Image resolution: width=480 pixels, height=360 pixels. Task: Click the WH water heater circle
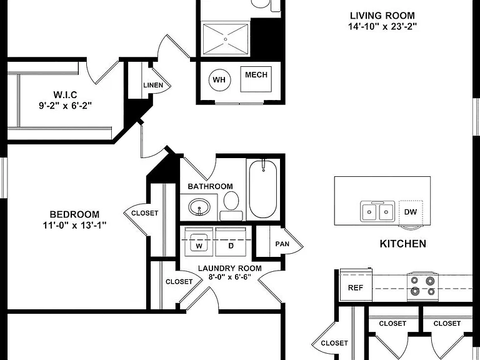[x=219, y=80]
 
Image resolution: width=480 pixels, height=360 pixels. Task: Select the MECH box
[x=256, y=79]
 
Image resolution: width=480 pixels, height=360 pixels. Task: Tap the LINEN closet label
[x=153, y=85]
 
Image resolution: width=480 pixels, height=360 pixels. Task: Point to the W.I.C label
[x=65, y=94]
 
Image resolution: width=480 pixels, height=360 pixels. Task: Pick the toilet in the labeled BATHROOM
[x=231, y=206]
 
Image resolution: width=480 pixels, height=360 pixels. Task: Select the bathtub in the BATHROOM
[x=263, y=189]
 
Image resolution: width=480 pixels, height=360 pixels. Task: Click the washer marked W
[x=199, y=241]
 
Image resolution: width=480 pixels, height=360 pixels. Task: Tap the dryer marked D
[x=231, y=241]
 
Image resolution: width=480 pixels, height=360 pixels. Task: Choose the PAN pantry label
[x=282, y=244]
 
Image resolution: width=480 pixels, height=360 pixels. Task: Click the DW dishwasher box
[x=411, y=212]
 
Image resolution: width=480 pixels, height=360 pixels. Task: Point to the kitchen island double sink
[x=377, y=211]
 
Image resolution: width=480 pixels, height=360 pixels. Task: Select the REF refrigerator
[x=356, y=285]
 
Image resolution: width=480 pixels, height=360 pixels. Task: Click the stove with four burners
[x=422, y=286]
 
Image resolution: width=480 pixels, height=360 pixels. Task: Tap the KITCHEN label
[x=403, y=244]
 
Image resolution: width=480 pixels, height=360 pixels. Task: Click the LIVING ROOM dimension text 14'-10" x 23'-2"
[x=382, y=27]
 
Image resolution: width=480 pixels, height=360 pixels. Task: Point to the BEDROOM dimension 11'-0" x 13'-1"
[x=74, y=226]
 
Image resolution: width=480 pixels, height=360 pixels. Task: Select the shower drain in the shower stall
[x=226, y=39]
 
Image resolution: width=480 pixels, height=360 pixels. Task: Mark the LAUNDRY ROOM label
[x=230, y=269]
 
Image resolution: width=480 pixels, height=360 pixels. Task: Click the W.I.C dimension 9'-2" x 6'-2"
[x=65, y=106]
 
